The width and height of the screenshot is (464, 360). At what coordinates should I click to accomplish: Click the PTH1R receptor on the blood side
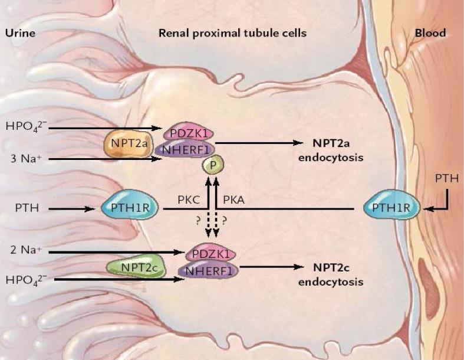[391, 208]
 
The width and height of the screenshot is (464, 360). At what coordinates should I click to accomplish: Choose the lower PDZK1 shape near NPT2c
[210, 254]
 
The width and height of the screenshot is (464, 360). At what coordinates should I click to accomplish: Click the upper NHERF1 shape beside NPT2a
[185, 150]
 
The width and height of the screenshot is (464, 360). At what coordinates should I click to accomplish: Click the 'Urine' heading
[20, 33]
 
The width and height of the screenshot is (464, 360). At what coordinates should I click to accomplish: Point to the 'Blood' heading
[429, 33]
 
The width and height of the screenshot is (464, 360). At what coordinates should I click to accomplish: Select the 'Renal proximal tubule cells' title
[232, 33]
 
